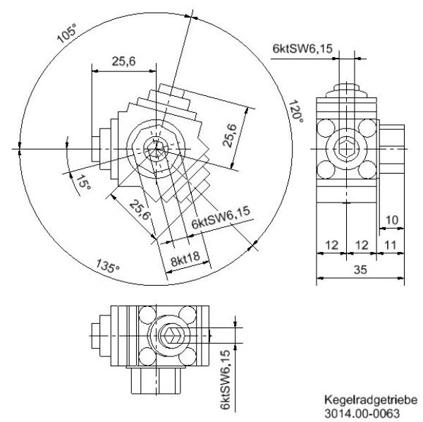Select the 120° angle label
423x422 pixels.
295,111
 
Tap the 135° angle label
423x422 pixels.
108,267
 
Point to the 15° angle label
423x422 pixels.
83,185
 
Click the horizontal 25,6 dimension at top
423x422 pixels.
123,62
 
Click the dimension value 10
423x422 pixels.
392,220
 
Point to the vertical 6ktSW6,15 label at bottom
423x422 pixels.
225,379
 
